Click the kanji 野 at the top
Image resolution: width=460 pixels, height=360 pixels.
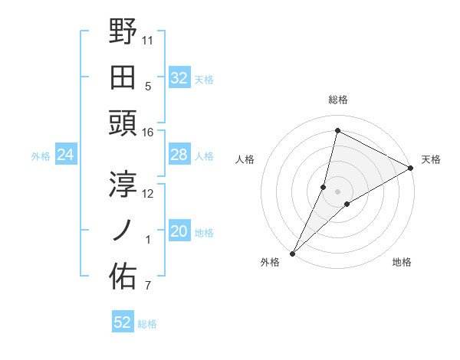coord(123,31)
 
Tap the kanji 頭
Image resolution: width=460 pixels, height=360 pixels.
coord(123,123)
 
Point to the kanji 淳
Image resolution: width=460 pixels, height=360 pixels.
coord(123,184)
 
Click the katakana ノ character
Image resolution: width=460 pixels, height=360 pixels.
coord(123,230)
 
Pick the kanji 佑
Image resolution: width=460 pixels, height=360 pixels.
coord(123,277)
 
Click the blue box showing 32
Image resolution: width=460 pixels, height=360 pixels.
coord(179,77)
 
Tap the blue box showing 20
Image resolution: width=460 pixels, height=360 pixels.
coord(179,231)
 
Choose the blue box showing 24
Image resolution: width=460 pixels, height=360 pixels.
coord(65,155)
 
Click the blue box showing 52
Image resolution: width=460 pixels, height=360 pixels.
coord(123,322)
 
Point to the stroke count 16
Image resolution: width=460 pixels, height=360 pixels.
coord(149,133)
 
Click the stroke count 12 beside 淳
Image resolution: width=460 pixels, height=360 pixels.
coord(149,193)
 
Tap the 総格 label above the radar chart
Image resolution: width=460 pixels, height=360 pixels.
coord(338,100)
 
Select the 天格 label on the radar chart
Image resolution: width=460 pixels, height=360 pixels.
coord(431,159)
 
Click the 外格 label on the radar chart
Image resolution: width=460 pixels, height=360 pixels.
coord(270,262)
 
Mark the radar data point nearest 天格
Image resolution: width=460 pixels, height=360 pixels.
coord(411,168)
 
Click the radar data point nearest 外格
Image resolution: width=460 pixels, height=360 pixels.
coord(293,253)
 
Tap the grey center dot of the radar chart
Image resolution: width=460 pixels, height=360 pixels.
coord(337,191)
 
